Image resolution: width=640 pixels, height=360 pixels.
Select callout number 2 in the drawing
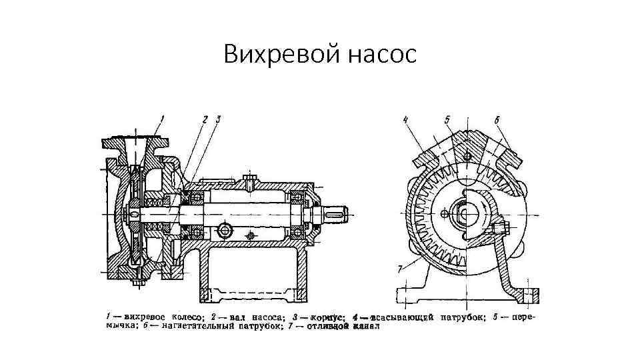point(205,119)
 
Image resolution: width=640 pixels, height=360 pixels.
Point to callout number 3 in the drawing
point(218,119)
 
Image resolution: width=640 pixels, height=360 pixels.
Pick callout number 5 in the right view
point(448,120)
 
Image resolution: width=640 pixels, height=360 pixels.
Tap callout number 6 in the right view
point(497,120)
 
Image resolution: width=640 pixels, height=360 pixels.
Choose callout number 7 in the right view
point(400,267)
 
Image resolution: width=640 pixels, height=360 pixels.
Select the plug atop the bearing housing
point(249,179)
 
